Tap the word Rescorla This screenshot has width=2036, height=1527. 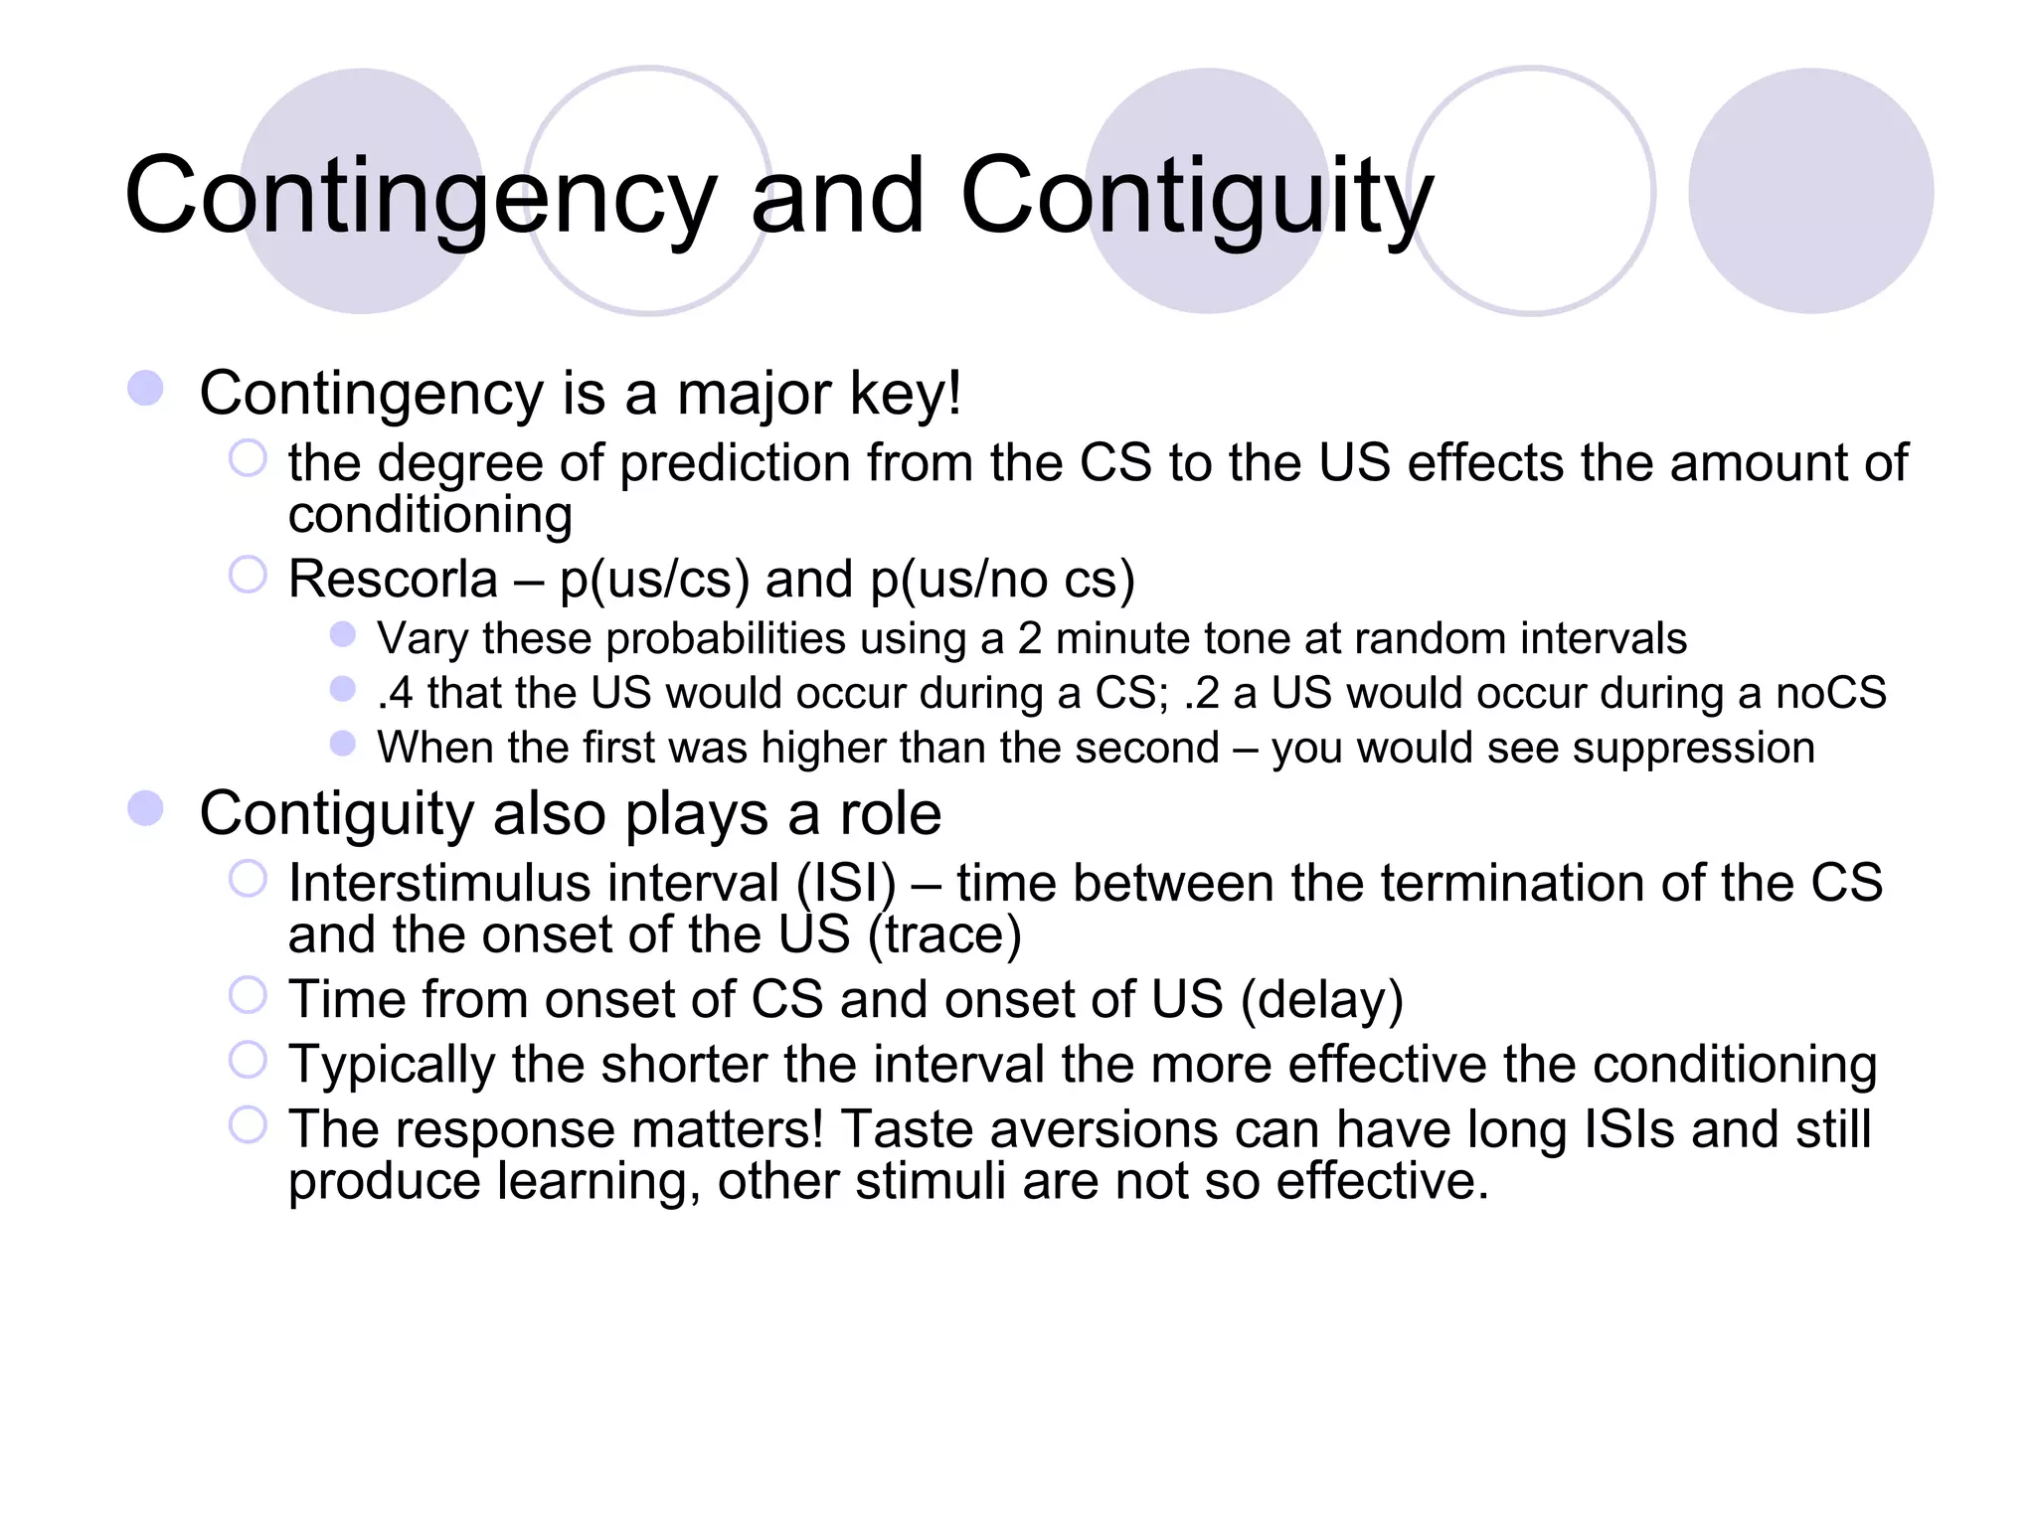point(393,579)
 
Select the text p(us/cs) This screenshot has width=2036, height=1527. point(654,580)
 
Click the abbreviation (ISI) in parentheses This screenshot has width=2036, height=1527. point(846,883)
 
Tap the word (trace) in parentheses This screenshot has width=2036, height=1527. point(944,934)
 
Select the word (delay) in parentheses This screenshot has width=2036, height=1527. point(1322,999)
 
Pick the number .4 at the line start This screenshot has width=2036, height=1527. point(395,693)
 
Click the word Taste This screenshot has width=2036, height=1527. point(906,1129)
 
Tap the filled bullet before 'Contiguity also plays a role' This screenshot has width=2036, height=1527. point(145,809)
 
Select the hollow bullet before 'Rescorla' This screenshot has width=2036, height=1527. point(248,575)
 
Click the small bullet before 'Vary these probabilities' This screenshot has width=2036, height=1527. point(343,634)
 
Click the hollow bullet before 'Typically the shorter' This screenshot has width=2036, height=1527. point(248,1060)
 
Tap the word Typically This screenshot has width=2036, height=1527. point(392,1065)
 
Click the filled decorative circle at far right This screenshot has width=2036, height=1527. point(1810,191)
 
